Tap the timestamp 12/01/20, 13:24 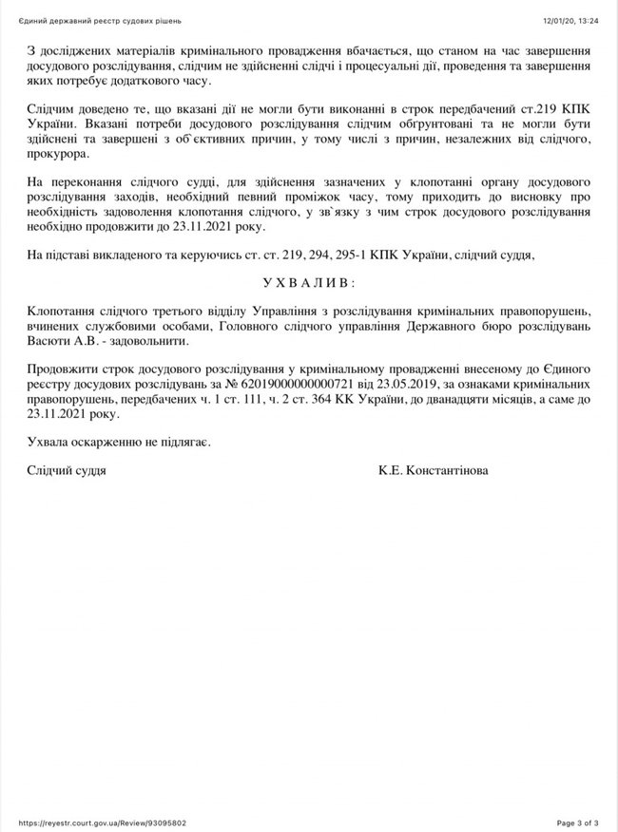pyautogui.click(x=570, y=20)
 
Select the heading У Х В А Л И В pyautogui.click(x=307, y=283)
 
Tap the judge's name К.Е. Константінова pyautogui.click(x=434, y=469)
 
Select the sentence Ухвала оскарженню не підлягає pyautogui.click(x=119, y=443)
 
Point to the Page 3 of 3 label pyautogui.click(x=576, y=823)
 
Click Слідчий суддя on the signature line pyautogui.click(x=67, y=469)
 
